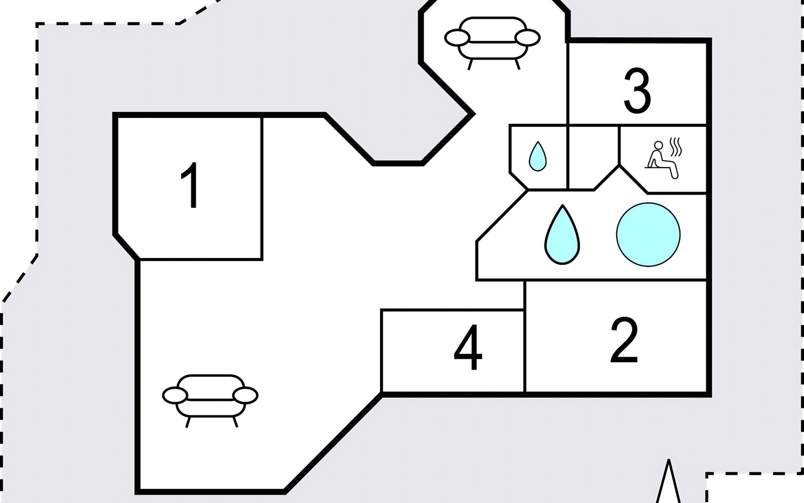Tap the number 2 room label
click(624, 340)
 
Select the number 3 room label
click(637, 91)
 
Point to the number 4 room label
click(468, 347)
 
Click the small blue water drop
click(537, 156)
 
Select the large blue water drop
click(562, 235)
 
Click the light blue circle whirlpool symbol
click(648, 235)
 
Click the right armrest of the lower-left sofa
click(245, 395)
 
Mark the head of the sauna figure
click(659, 146)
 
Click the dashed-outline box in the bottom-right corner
click(754, 490)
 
